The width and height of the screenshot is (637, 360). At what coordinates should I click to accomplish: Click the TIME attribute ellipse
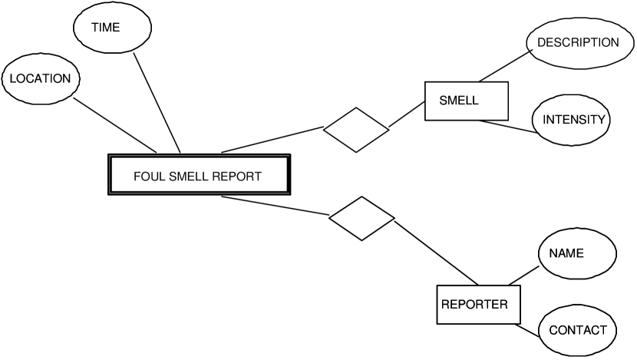106,28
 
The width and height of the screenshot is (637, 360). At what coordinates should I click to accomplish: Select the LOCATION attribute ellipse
40,78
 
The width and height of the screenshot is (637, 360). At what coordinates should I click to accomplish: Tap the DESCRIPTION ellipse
578,43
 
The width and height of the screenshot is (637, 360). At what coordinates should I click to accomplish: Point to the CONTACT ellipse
577,331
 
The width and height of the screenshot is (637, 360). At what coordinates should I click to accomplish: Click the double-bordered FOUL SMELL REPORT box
199,176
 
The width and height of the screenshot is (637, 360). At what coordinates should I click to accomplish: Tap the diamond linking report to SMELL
355,129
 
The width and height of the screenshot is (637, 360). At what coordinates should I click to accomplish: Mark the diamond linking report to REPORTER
361,218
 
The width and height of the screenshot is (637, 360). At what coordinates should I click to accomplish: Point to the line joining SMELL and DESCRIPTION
506,66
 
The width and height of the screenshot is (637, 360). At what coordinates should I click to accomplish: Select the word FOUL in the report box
147,177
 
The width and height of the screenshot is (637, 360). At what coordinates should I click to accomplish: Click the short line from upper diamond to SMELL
407,116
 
